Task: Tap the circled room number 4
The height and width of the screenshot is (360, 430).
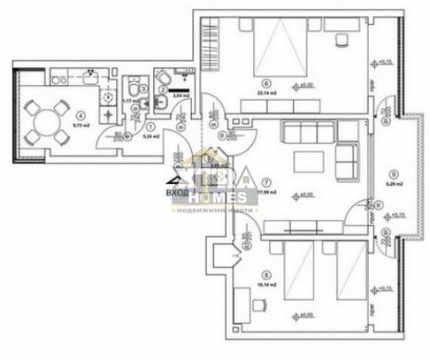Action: coord(81,114)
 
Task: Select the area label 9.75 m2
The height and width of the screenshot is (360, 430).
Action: coord(81,126)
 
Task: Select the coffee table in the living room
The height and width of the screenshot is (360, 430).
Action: coord(310,160)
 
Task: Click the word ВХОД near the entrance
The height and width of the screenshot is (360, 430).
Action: coord(177,190)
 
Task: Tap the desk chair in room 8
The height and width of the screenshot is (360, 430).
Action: coord(259,306)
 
